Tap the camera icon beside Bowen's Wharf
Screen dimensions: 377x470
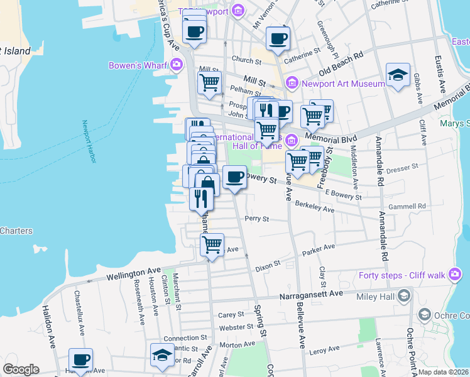pos(177,64)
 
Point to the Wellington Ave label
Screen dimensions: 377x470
pos(134,274)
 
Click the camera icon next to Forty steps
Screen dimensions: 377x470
pos(455,275)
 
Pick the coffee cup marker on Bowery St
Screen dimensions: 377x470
pos(235,177)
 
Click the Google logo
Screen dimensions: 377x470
pos(20,369)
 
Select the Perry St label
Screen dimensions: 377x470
pos(257,219)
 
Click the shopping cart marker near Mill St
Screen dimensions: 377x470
pos(210,82)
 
